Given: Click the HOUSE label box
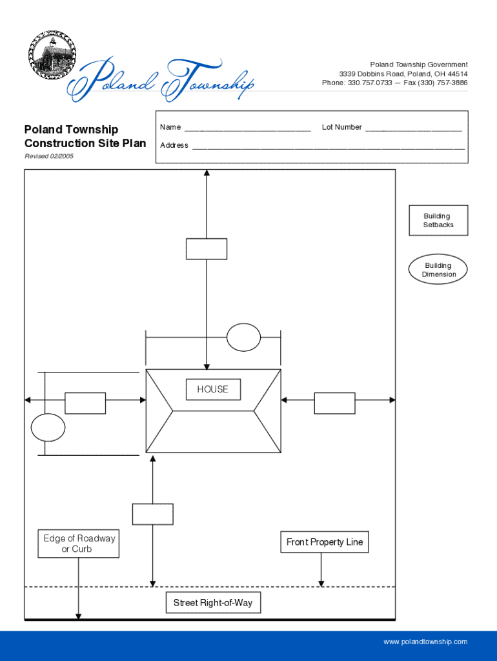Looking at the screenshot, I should tap(212, 389).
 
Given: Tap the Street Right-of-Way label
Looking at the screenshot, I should tap(213, 603).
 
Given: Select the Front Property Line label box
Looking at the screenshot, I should tap(325, 542).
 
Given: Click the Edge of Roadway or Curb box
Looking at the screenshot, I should tap(79, 544).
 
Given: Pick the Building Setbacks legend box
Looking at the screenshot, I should tap(438, 221).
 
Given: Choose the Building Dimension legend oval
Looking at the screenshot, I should tap(438, 270).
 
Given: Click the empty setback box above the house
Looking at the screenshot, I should tap(207, 249).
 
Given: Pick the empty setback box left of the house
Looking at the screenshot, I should tap(85, 403).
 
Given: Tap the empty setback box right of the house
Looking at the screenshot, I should tap(334, 403).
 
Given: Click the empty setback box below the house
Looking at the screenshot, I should tap(153, 514).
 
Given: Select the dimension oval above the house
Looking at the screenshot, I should tap(244, 338).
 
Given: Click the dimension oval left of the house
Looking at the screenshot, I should tap(48, 427).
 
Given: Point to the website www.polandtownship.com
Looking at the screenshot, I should tap(425, 642).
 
